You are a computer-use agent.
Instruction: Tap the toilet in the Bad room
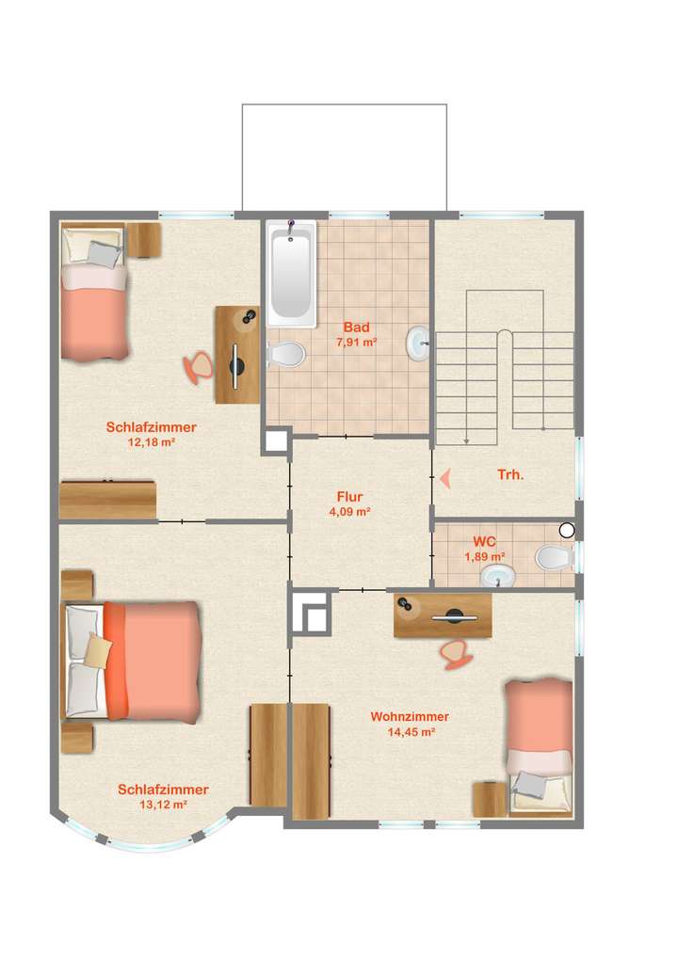(x=286, y=355)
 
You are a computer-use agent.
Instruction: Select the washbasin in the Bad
(x=418, y=343)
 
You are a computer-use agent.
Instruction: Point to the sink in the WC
(x=498, y=576)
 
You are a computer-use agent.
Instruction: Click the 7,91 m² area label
(x=357, y=343)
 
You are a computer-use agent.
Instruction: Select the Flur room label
(x=349, y=497)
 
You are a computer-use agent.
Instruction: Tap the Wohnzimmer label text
(x=410, y=716)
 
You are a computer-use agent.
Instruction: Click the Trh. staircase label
(x=510, y=475)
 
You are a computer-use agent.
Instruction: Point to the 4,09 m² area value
(x=349, y=513)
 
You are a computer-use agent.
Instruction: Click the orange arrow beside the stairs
(x=444, y=479)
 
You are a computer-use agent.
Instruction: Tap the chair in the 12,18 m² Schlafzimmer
(x=199, y=366)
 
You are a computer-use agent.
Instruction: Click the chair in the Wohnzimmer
(x=457, y=652)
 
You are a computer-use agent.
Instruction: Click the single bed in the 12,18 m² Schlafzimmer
(x=93, y=291)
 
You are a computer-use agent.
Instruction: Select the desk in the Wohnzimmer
(x=443, y=617)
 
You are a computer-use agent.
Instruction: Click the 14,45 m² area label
(x=410, y=732)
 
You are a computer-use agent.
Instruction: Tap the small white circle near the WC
(x=567, y=531)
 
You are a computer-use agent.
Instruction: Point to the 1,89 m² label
(x=485, y=556)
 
